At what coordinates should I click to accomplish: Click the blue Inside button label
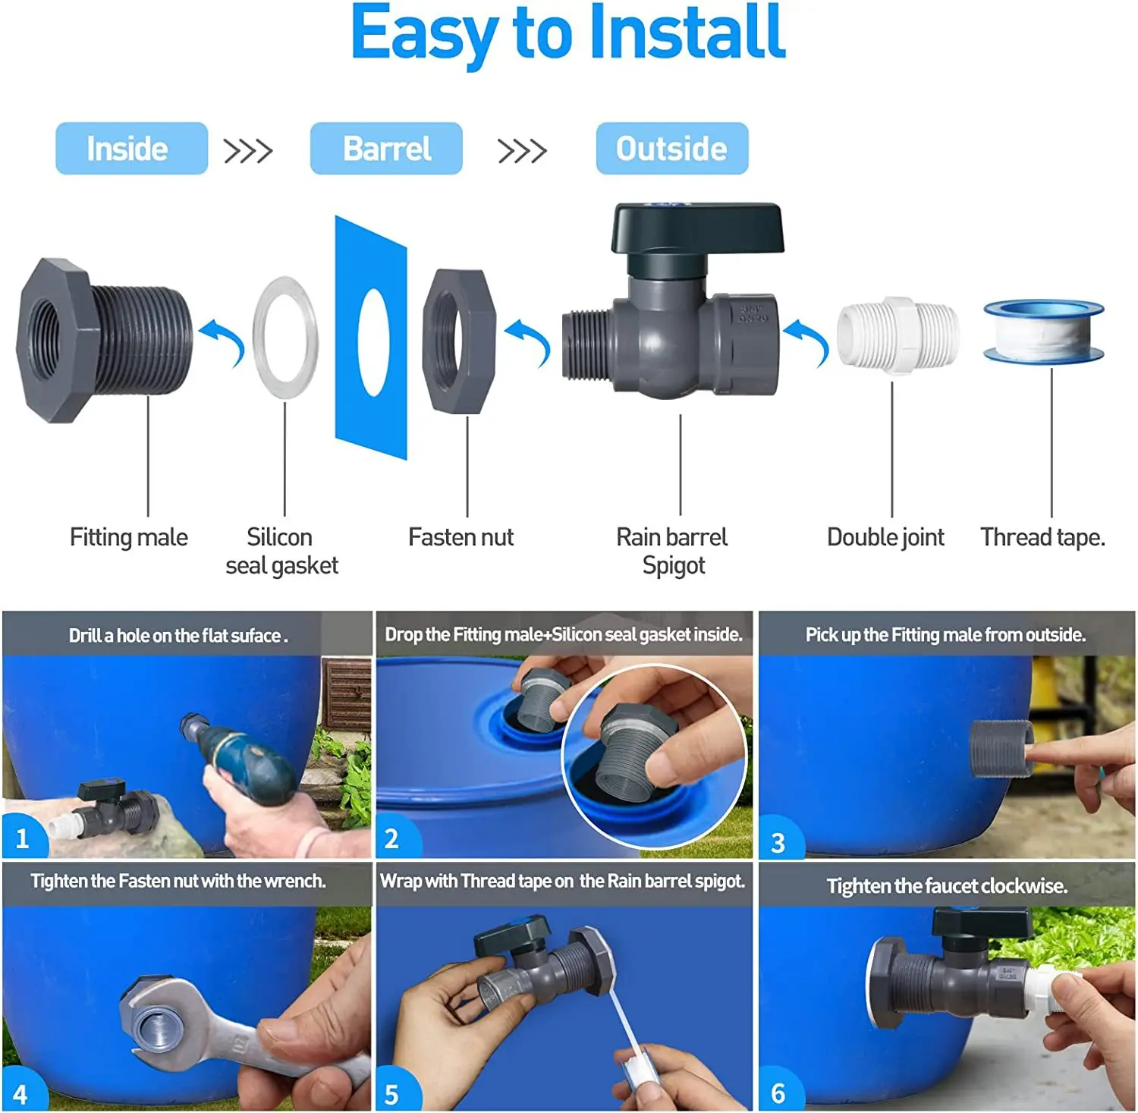pos(131,149)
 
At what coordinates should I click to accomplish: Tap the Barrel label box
pos(386,149)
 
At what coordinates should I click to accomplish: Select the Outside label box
pos(671,149)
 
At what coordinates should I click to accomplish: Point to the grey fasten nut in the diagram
pos(459,341)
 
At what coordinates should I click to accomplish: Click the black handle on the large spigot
pos(696,228)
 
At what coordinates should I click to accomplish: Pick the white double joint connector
pos(898,335)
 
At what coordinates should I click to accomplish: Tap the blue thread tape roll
pos(1044,332)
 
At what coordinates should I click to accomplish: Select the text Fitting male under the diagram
pos(129,537)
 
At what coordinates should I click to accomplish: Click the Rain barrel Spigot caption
pos(672,551)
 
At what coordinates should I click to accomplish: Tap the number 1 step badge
pos(22,838)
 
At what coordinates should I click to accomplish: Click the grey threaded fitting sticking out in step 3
pos(1001,748)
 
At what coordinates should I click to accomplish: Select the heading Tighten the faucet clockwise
pos(947,886)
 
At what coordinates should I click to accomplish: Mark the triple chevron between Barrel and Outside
pos(522,151)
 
